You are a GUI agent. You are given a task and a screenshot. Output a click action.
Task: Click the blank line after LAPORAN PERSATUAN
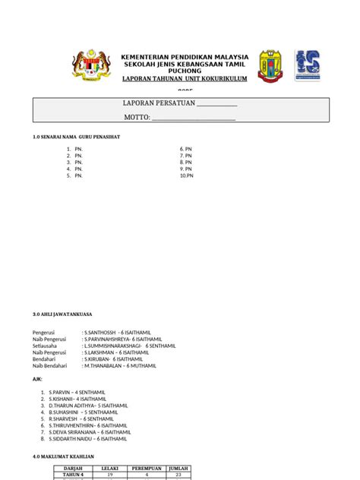[217, 105]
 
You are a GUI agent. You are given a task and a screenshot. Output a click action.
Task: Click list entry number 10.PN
[187, 175]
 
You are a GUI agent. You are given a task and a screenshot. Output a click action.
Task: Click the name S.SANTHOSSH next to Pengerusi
[118, 333]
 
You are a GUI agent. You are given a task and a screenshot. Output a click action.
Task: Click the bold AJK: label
[37, 378]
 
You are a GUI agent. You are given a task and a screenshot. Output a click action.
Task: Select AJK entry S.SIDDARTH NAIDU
[89, 438]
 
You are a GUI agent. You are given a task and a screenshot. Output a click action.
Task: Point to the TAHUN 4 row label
[74, 475]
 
